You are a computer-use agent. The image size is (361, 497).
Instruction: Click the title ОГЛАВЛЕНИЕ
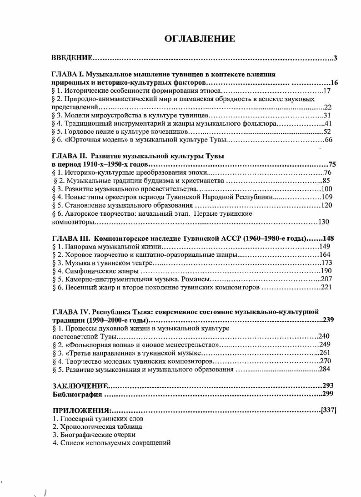point(200,39)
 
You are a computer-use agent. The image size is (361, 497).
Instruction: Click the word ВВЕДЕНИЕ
point(72,58)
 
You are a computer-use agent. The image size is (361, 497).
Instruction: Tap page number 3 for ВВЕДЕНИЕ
point(335,58)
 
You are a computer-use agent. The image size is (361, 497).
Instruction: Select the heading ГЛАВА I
point(67,74)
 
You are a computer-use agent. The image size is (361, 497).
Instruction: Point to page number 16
point(334,83)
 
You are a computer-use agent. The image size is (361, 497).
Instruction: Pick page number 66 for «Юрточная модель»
point(329,140)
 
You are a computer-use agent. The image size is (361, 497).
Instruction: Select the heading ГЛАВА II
point(69,156)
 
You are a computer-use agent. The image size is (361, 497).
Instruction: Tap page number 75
point(332,165)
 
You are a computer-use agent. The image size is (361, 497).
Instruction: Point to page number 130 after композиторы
point(323,222)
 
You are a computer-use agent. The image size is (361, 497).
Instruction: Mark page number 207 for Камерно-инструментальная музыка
point(326,279)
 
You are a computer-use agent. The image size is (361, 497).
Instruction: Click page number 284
point(324,369)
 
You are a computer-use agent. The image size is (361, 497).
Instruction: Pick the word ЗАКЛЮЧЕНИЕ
point(80,386)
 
